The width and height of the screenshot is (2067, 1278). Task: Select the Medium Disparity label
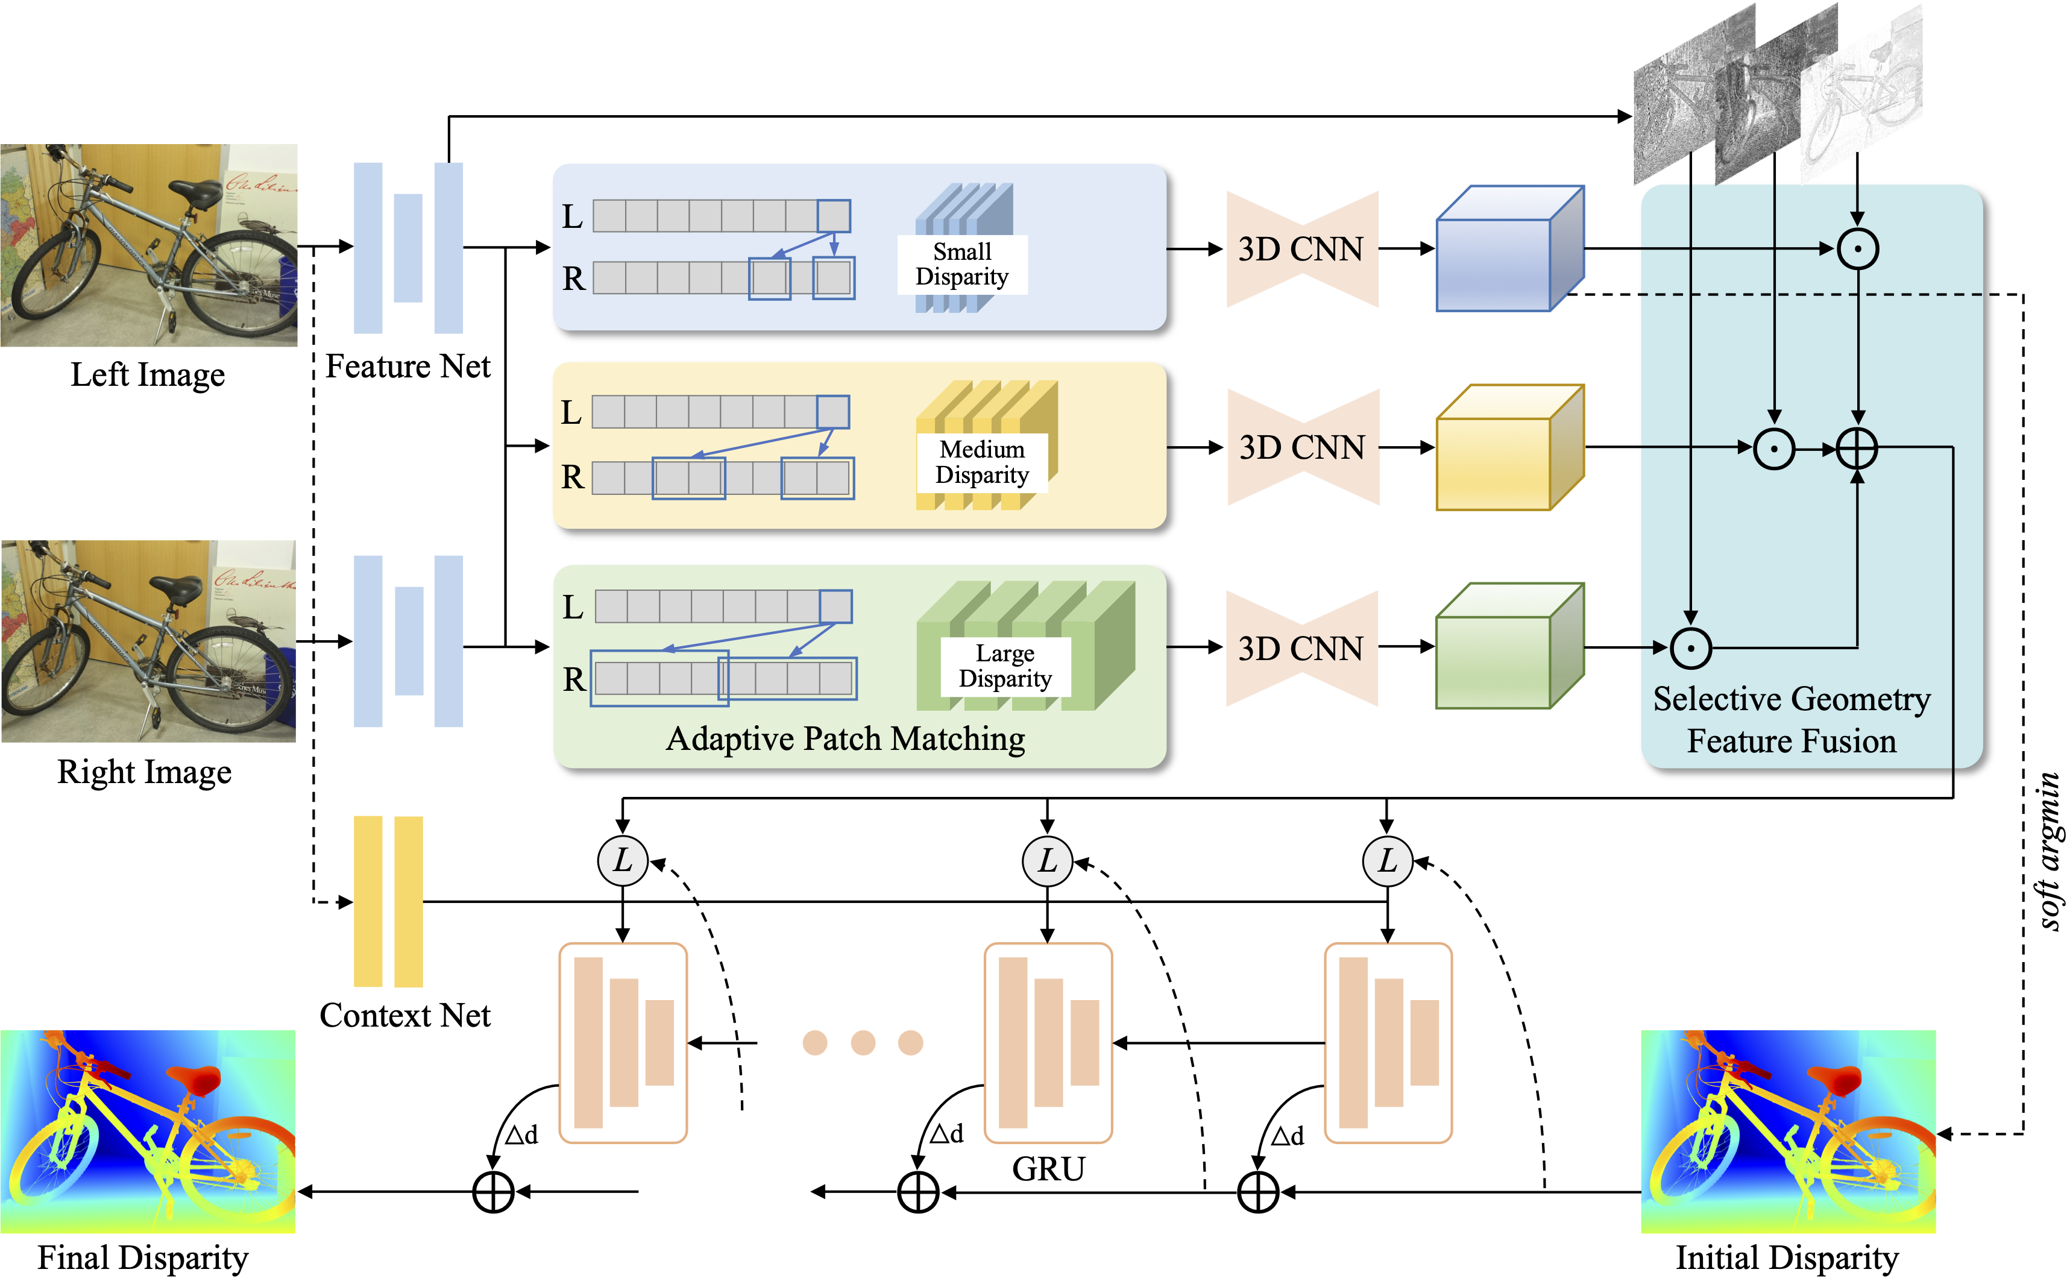[x=982, y=462]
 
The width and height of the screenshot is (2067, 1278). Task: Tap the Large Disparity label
[x=1005, y=666]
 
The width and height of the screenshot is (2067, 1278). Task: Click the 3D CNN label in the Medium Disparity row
[x=1301, y=448]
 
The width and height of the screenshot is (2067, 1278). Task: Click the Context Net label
[x=405, y=1015]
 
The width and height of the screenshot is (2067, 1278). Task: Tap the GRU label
[x=1048, y=1169]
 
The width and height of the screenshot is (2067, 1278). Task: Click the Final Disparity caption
[x=143, y=1258]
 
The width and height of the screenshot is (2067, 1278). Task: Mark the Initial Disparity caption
[x=1787, y=1258]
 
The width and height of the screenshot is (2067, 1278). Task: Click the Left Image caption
[x=148, y=374]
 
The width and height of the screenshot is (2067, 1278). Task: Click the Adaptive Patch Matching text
[x=845, y=738]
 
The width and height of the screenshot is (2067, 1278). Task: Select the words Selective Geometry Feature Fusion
[x=1792, y=720]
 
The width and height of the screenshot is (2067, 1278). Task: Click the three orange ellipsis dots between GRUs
[x=863, y=1042]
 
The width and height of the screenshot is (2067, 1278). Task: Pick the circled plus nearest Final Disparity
[x=494, y=1192]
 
